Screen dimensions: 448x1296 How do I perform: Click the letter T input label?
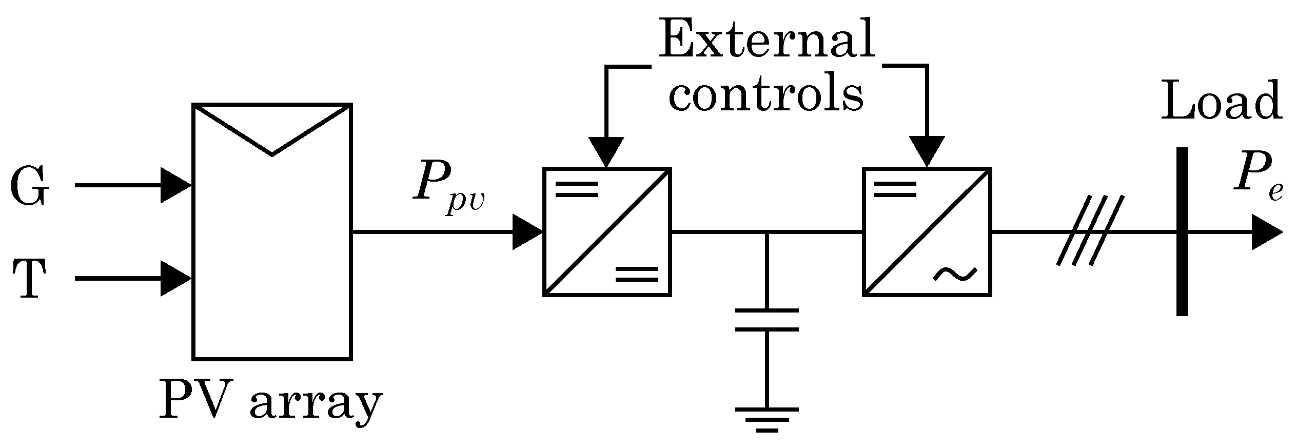[29, 279]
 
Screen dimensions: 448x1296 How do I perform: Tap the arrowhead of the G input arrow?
[175, 186]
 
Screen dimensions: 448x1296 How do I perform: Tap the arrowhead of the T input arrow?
[175, 279]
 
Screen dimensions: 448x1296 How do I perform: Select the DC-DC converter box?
[607, 232]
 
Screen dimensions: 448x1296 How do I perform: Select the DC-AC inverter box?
[927, 232]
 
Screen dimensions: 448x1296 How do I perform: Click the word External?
[767, 40]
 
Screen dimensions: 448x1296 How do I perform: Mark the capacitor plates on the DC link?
[767, 320]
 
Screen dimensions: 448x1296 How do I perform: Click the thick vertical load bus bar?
[1182, 231]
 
